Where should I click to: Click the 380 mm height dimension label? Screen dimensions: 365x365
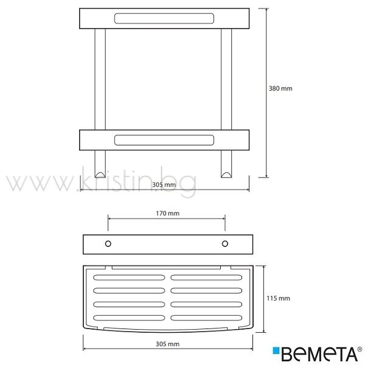coord(280,88)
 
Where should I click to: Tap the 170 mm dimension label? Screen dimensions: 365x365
coord(168,214)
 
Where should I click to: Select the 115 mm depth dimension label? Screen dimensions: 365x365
coord(278,298)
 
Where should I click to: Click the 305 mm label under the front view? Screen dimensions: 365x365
coord(164,185)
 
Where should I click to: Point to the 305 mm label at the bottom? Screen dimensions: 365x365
coord(168,344)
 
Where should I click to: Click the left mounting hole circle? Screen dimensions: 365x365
coord(108,244)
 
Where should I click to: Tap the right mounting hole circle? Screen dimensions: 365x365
coord(225,244)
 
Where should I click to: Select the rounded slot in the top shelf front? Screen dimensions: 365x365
coord(164,19)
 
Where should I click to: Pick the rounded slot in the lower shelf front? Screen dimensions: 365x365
coord(164,140)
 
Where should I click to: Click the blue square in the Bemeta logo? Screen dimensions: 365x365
coord(276,350)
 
